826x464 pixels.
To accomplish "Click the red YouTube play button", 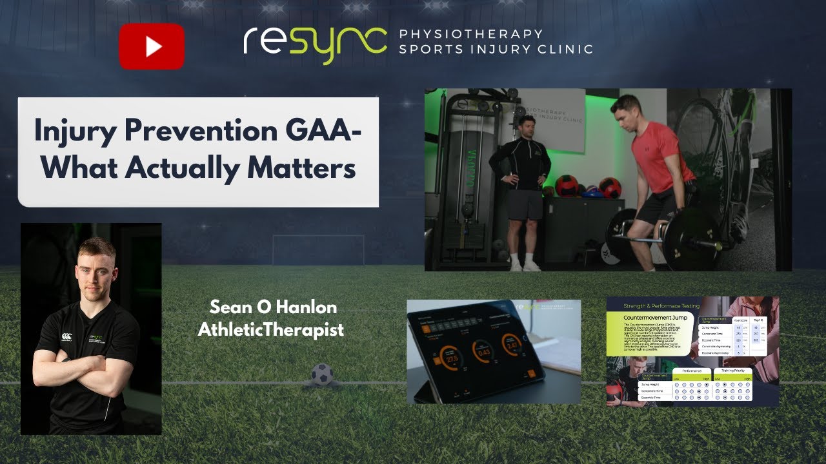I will tap(152, 46).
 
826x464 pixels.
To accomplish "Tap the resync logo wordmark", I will tap(315, 43).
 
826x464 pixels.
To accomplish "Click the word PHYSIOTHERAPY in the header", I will tap(470, 34).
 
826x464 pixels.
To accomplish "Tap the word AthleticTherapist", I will tap(270, 330).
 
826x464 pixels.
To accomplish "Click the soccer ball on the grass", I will tap(322, 374).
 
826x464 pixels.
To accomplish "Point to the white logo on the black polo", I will tap(66, 336).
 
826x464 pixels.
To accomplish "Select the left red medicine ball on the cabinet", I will tap(567, 186).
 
